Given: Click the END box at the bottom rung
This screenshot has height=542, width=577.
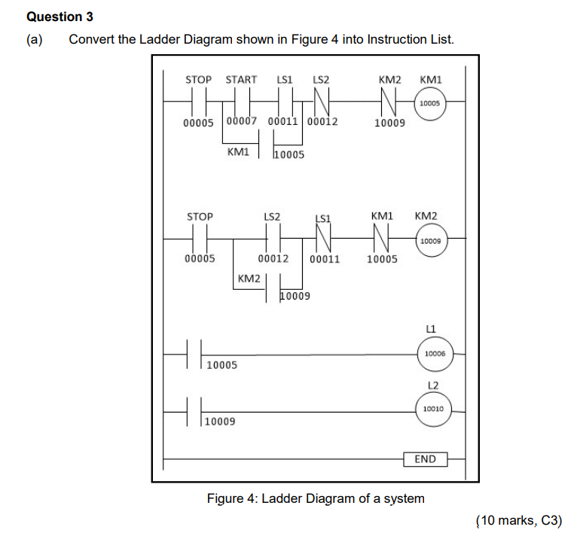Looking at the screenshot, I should coord(425,458).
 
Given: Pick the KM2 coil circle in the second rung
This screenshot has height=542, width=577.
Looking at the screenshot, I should coord(430,242).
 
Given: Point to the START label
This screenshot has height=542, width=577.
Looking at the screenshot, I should coord(241,79).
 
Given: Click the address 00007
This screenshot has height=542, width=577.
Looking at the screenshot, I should coord(241,121).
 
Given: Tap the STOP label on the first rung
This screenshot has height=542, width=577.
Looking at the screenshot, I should coord(199,79).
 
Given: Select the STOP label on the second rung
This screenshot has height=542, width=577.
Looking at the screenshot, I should coord(199,216).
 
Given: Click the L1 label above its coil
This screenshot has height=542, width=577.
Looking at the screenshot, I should coord(431,328).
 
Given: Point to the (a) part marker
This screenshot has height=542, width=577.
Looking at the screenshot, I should coord(35,39).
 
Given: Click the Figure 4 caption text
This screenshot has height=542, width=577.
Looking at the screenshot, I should coord(316,498).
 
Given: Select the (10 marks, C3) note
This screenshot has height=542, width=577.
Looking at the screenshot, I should coord(519,520).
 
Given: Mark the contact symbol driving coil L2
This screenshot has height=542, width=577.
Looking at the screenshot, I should coord(194,410).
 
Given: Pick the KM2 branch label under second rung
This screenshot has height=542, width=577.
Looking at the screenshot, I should coord(249,279).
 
